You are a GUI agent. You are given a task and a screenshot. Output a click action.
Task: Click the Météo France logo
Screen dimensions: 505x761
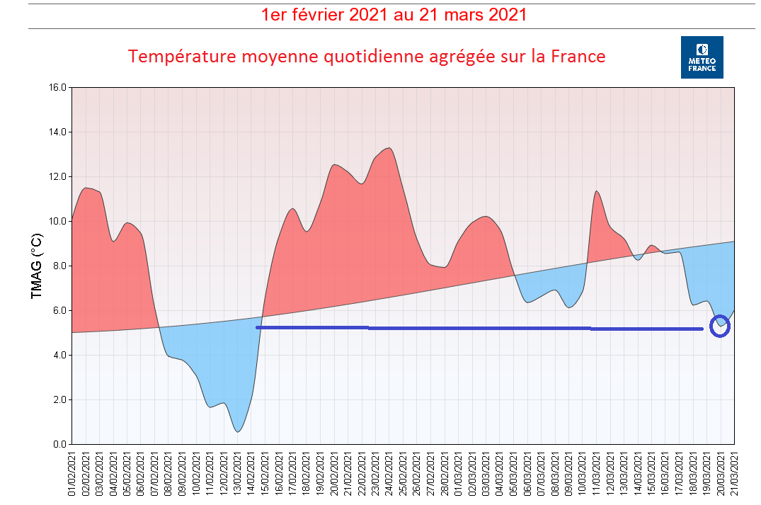pos(702,57)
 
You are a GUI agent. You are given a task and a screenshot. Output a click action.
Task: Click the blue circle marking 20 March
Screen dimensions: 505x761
pos(720,326)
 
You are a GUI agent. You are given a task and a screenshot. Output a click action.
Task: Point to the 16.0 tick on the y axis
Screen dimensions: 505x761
pos(57,88)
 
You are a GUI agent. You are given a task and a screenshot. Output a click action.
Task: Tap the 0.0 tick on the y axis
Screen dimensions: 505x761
pos(59,445)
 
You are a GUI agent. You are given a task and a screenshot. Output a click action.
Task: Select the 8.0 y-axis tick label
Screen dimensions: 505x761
pos(59,266)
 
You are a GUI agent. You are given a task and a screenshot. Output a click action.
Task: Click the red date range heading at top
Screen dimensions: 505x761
pos(394,14)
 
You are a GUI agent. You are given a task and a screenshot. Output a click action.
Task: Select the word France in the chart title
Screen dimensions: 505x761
pos(577,56)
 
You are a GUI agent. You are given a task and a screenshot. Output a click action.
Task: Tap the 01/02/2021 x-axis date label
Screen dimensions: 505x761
pos(72,475)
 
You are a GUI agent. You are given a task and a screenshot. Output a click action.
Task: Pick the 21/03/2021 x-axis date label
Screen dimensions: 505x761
pos(735,475)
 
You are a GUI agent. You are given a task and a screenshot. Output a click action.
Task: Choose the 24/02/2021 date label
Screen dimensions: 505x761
pos(389,475)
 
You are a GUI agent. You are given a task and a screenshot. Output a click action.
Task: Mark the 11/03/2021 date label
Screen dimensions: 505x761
pos(597,475)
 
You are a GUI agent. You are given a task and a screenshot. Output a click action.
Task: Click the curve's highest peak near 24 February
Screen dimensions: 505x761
pos(388,148)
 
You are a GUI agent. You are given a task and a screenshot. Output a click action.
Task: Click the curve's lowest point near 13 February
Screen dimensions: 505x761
pos(238,431)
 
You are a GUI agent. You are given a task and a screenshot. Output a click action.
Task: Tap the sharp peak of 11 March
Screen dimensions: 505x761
pos(597,191)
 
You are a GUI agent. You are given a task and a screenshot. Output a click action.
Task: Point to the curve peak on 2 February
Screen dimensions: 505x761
pos(86,188)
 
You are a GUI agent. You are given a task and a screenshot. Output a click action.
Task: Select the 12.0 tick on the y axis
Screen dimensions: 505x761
pos(57,177)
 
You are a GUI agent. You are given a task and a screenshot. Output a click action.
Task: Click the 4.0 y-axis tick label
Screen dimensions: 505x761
pos(59,356)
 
